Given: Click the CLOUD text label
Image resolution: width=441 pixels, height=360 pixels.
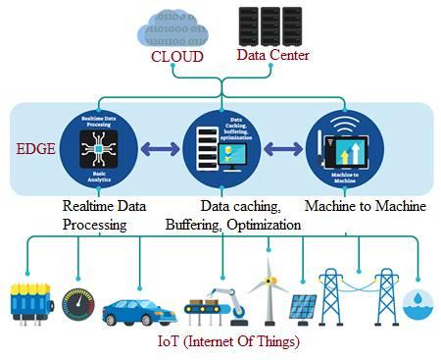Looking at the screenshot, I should point(176,57).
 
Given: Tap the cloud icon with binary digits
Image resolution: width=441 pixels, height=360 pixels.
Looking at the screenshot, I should point(175,27).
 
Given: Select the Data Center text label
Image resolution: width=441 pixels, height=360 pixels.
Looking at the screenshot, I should point(273,55).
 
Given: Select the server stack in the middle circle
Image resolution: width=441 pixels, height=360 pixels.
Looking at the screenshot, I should point(207,153).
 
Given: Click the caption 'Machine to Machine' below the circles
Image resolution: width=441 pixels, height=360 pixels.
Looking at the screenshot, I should point(365,206).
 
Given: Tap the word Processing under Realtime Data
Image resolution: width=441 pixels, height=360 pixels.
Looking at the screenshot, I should point(94,225).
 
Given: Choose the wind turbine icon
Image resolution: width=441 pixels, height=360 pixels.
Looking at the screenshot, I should point(267,289).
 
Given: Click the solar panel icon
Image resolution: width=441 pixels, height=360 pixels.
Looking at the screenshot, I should point(301,307).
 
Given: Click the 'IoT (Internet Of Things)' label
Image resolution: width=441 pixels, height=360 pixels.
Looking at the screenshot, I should point(226,342).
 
